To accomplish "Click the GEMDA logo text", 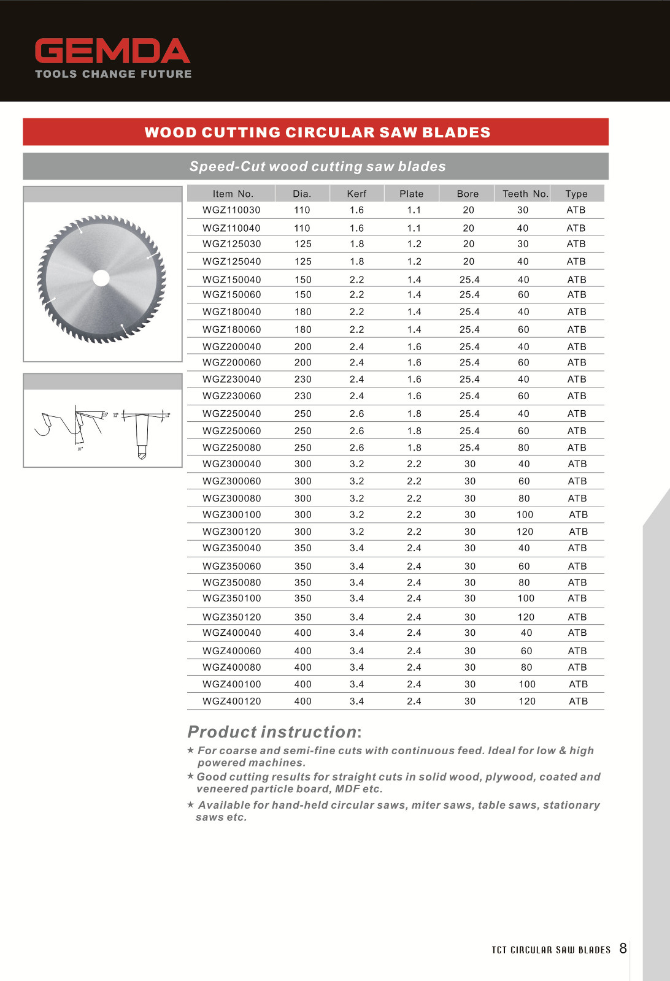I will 112,52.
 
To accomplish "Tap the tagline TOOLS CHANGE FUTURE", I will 114,74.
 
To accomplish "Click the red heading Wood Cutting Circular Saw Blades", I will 317,132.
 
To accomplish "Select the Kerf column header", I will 356,194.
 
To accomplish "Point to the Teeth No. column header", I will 525,194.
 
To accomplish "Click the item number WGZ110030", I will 231,210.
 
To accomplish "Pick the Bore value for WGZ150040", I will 469,280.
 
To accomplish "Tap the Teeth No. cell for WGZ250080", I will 523,448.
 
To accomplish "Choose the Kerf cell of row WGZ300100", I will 356,515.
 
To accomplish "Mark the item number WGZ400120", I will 231,701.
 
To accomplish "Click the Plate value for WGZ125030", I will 414,244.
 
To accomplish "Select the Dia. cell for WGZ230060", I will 302,396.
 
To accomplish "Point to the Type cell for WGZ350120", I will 577,617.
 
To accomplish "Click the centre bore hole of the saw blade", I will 101,278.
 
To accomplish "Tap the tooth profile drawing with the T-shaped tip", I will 142,432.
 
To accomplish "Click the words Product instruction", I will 272,732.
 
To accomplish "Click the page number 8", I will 623,949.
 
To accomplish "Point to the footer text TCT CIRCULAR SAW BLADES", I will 551,950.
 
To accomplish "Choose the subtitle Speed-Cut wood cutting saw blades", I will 317,167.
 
